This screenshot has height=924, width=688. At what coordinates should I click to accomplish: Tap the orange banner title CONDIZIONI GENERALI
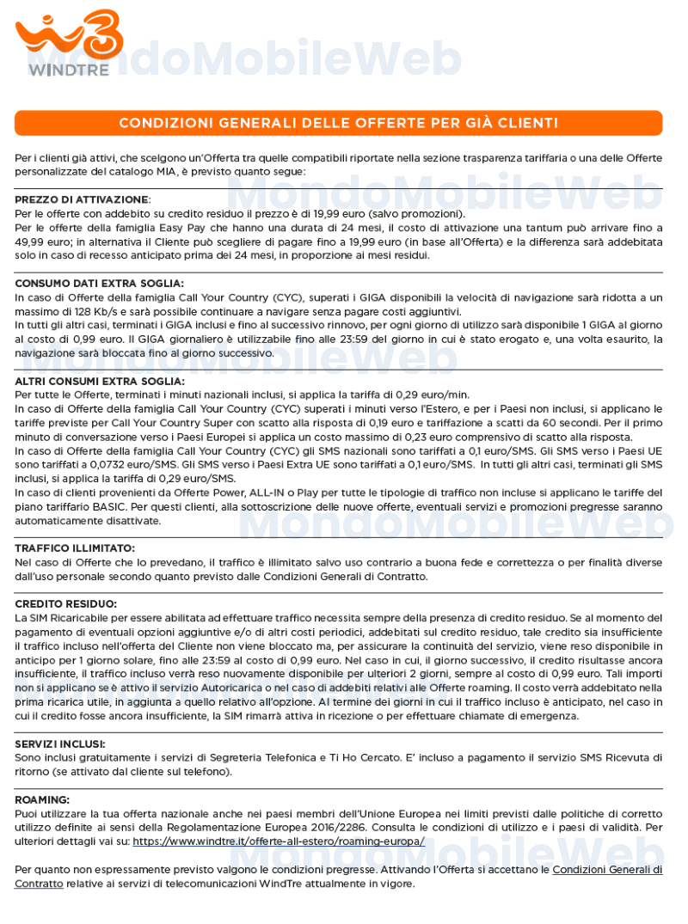coord(338,123)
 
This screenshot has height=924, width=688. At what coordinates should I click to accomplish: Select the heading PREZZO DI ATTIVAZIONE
coord(82,199)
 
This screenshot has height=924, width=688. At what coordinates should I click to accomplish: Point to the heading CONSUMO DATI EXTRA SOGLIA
coord(99,283)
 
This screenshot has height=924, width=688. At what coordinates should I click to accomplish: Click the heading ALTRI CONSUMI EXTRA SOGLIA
coord(100,381)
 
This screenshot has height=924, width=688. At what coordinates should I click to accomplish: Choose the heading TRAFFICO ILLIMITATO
coord(75,548)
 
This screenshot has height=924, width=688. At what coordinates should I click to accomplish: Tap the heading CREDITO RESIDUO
coord(65,603)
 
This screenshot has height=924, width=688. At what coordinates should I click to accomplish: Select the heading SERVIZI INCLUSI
coord(60,743)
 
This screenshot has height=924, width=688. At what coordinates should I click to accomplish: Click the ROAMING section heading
coord(42,799)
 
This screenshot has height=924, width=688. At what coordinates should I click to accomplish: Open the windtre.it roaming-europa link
coord(279,841)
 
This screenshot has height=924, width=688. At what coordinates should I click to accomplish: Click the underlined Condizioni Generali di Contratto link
coord(606,870)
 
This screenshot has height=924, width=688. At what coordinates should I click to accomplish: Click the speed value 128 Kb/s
coord(90,311)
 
